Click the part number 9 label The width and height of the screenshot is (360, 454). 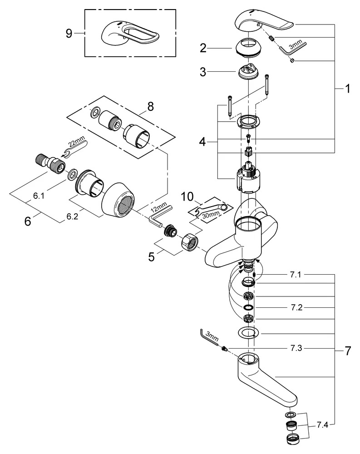[69, 34]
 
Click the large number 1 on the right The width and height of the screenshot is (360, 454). [347, 89]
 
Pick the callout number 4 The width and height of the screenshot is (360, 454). [203, 142]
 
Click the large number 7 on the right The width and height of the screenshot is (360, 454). [347, 350]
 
